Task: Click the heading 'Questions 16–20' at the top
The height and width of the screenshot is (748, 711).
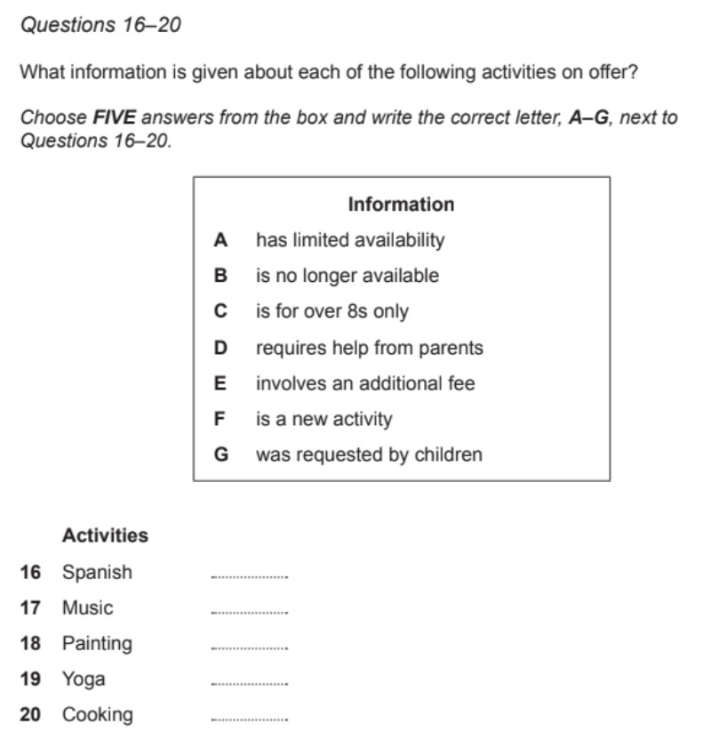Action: point(100,26)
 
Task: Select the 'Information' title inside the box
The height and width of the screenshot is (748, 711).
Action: point(401,205)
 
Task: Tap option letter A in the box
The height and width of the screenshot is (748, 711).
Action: point(221,240)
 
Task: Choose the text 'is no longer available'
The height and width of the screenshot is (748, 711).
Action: point(347,276)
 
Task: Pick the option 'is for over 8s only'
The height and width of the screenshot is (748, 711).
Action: point(332,311)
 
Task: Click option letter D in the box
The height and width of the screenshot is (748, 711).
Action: point(221,348)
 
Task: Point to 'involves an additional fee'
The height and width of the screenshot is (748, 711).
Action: point(365,383)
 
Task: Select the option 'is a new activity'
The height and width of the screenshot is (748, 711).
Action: point(324,419)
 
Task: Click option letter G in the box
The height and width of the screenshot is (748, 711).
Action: point(221,454)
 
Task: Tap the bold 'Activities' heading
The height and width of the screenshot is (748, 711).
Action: point(105,535)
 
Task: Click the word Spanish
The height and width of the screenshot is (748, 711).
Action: point(97,572)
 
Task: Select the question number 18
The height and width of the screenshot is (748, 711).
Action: point(30,643)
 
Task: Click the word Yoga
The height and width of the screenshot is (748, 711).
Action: point(84,680)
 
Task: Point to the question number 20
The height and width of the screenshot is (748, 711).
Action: point(30,714)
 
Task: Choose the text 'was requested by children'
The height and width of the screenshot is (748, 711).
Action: point(369,454)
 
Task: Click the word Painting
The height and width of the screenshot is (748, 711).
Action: point(97,643)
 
